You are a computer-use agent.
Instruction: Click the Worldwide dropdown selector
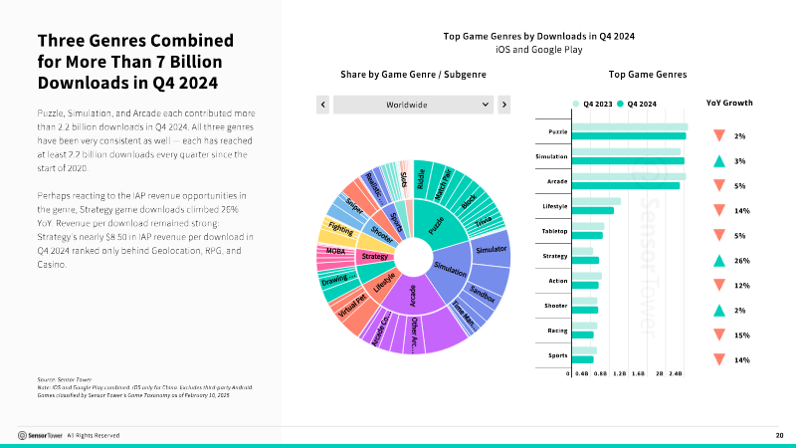click(413, 104)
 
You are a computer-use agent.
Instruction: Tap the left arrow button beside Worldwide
click(322, 104)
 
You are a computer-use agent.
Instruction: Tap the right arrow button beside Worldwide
click(503, 104)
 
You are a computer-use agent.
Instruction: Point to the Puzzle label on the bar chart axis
click(557, 131)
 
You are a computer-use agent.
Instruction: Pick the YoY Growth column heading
click(729, 103)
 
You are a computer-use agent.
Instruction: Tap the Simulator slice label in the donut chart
click(492, 248)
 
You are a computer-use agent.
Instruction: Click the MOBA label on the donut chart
click(335, 251)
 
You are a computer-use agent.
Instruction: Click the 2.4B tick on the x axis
click(676, 374)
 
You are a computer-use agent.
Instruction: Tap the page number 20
click(779, 435)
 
